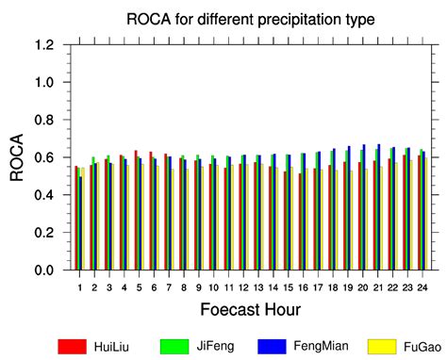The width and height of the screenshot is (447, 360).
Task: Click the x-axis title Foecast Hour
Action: [250, 309]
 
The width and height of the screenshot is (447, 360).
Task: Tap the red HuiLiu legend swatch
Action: [72, 346]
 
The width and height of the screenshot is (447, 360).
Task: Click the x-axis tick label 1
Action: [79, 286]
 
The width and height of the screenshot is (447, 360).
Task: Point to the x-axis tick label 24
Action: [423, 286]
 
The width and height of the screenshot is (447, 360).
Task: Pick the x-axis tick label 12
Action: [243, 286]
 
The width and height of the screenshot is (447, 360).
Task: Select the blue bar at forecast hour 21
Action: [379, 207]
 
